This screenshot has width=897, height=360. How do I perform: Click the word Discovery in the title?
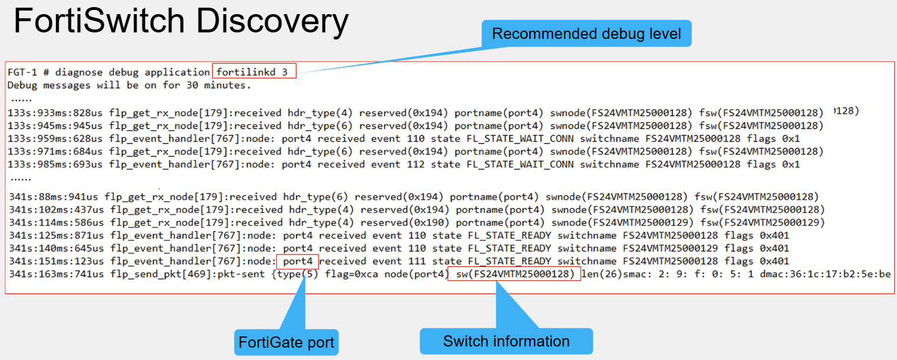(272, 22)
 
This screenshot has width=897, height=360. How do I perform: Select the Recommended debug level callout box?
(586, 34)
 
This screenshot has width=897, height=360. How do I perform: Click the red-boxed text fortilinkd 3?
(254, 72)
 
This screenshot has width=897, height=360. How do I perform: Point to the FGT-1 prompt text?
(22, 72)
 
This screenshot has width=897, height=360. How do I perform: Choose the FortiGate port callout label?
(286, 342)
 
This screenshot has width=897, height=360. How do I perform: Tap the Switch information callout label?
(506, 341)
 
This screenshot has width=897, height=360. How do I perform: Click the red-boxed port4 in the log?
(298, 262)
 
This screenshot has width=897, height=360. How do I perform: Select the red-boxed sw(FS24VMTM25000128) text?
(514, 274)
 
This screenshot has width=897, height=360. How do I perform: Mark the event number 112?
(415, 164)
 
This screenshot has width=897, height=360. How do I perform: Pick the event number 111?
(417, 261)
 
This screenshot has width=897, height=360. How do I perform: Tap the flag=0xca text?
(351, 275)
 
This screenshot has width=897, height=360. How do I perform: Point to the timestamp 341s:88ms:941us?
(53, 197)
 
